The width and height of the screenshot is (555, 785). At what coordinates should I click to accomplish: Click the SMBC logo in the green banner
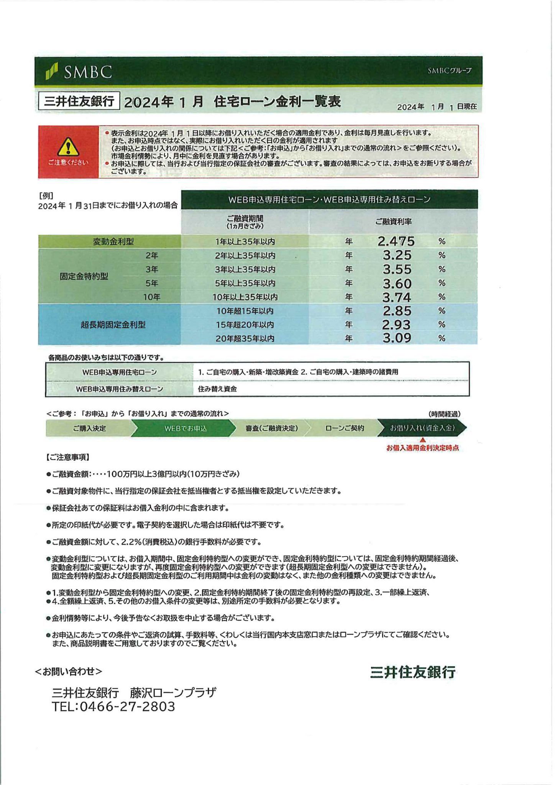point(79,72)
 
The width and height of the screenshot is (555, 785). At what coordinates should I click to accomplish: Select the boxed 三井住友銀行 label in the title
point(79,101)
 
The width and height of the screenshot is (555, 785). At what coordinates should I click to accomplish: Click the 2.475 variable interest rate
point(396,241)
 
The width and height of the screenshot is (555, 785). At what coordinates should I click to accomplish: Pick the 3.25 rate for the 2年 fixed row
point(397,255)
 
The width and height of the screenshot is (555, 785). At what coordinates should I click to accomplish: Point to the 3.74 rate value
point(397,297)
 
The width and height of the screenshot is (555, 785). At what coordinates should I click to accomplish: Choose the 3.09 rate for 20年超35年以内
point(397,338)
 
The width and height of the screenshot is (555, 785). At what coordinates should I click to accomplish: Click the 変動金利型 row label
point(113,242)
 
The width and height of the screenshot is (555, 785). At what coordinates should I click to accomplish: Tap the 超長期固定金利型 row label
point(113,325)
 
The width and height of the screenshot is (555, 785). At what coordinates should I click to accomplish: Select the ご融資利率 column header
point(393,222)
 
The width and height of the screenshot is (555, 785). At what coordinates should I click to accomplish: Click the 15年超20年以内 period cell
point(245,325)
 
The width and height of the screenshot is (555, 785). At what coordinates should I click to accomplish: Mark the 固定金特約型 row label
point(84,276)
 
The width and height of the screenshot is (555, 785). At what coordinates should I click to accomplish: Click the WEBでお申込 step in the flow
point(186,428)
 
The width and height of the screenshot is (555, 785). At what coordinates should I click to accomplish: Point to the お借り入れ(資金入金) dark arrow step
point(422,428)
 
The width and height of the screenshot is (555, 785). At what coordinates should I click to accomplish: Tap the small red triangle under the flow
point(423,440)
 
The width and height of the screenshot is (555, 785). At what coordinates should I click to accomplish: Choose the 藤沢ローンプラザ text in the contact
point(173,692)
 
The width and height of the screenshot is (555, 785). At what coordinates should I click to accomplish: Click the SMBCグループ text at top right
point(450,71)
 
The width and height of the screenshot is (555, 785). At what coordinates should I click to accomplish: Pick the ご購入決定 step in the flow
point(89,428)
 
